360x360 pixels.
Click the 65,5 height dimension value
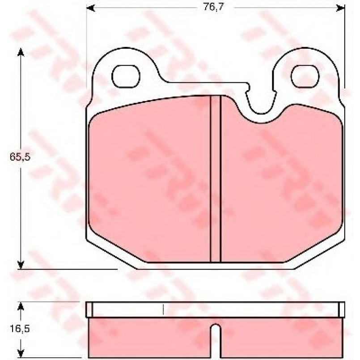click(20, 157)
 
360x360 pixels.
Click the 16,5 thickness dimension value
click(20, 329)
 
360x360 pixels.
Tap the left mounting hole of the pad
click(126, 76)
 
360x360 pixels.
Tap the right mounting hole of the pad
click(305, 76)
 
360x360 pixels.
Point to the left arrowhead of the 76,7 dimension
click(90, 8)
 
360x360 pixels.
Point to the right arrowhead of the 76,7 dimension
click(340, 8)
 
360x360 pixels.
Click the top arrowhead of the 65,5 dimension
click(21, 52)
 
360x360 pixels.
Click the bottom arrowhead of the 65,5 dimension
click(21, 264)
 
